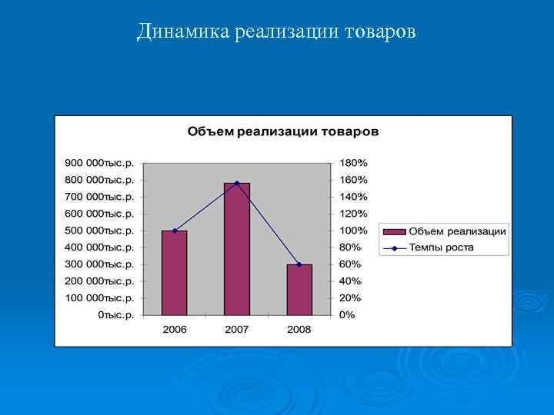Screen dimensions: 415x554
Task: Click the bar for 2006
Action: (x=174, y=273)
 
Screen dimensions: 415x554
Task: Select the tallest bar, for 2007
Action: (x=237, y=250)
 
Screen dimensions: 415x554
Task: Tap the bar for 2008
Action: (x=299, y=290)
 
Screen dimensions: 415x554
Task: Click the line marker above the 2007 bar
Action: (x=237, y=183)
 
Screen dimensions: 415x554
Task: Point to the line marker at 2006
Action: (x=175, y=231)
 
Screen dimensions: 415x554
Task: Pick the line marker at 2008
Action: (x=299, y=264)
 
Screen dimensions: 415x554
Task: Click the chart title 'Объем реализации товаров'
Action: (x=283, y=131)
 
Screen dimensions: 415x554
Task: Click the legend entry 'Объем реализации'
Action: (x=457, y=231)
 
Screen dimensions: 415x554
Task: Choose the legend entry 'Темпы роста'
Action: (x=441, y=247)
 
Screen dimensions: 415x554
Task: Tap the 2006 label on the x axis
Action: (x=174, y=329)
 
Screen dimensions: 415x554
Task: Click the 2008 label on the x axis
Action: (x=299, y=329)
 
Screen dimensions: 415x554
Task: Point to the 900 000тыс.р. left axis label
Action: (x=99, y=163)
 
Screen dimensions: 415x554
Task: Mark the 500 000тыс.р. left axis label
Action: (x=99, y=231)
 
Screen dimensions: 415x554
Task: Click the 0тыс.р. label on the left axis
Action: (x=115, y=315)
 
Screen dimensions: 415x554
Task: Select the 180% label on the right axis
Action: (x=354, y=163)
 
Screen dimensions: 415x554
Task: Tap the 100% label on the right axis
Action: (x=354, y=231)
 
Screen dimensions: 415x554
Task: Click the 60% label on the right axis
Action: (x=351, y=264)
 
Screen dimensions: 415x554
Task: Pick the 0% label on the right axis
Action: (x=348, y=315)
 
